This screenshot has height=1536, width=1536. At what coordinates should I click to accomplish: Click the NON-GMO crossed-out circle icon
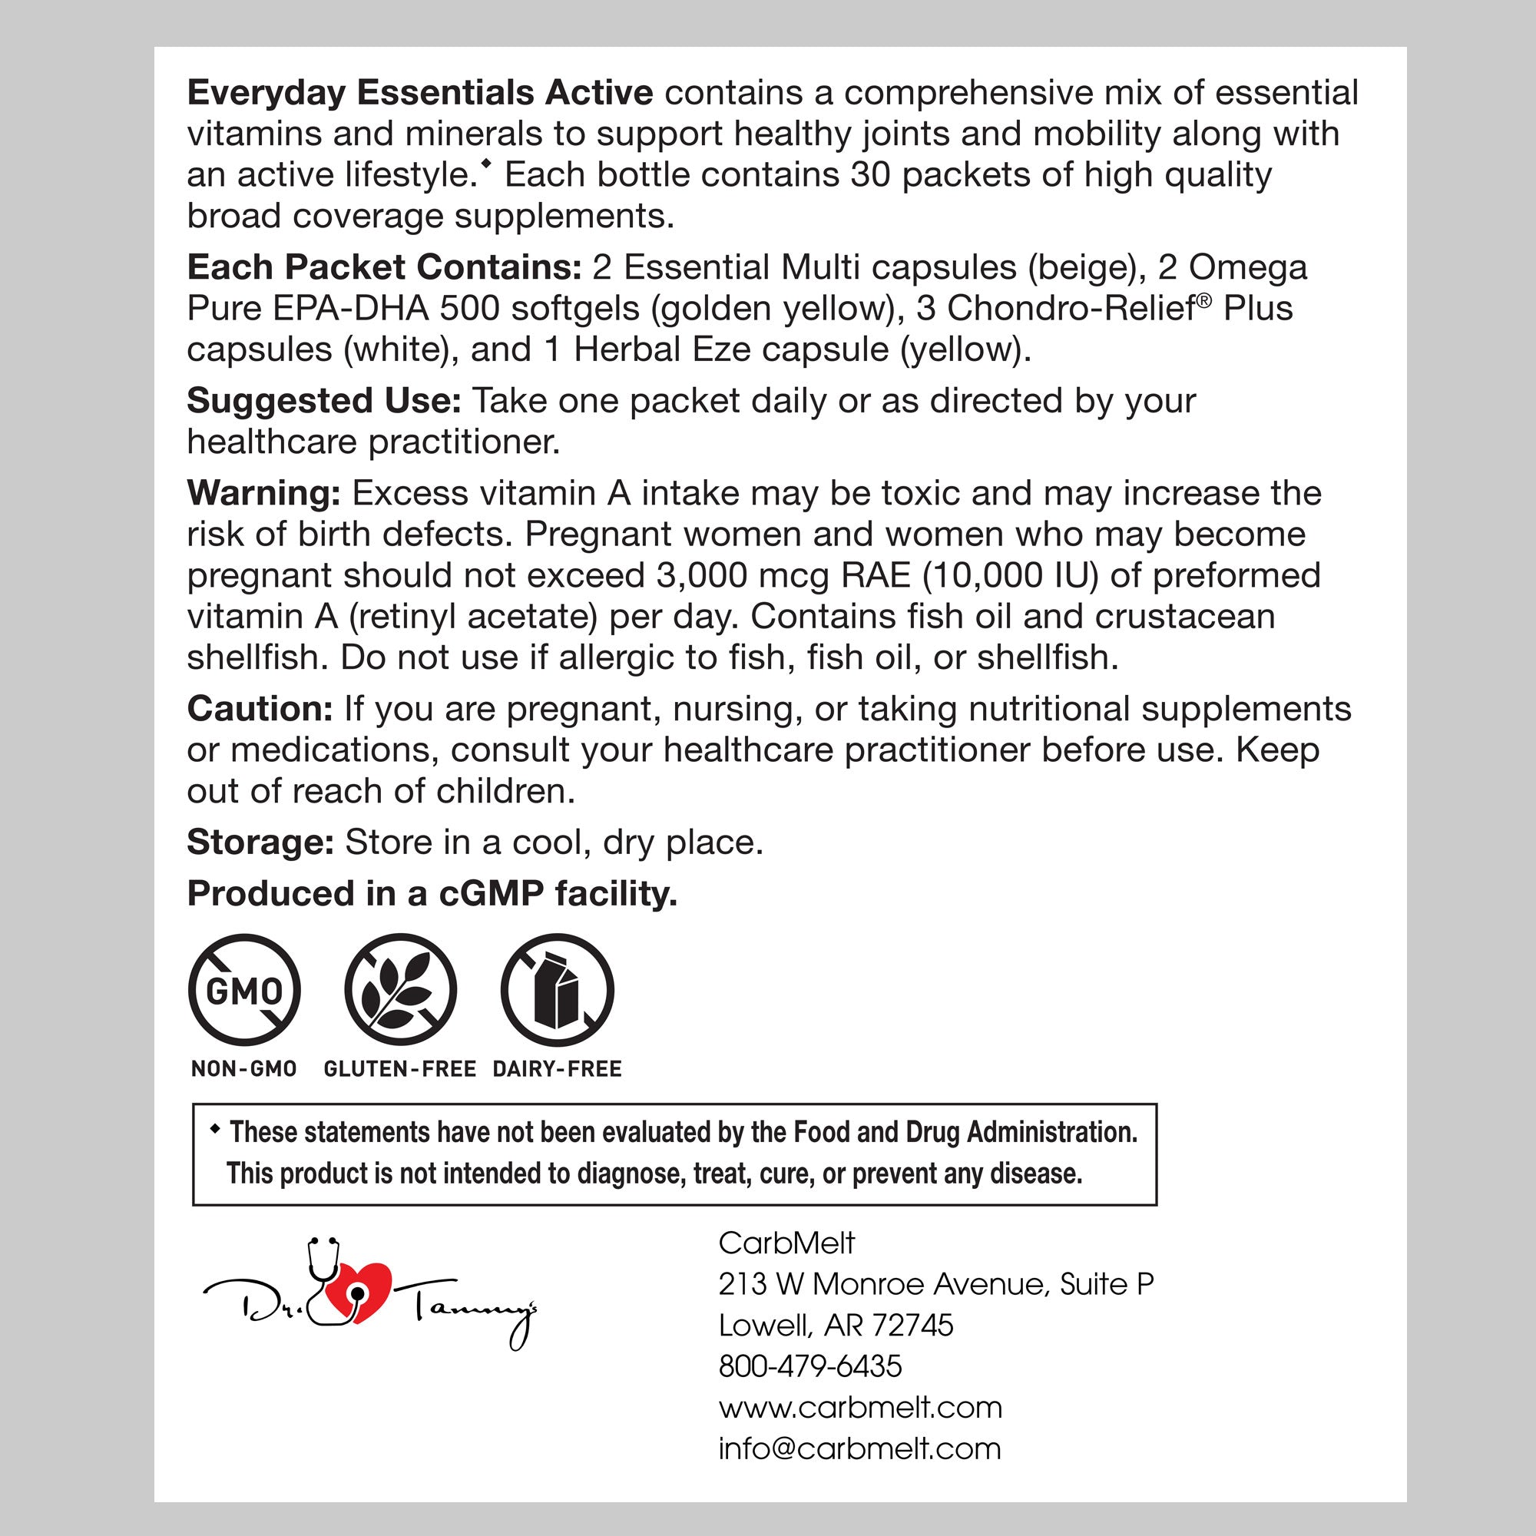tap(244, 991)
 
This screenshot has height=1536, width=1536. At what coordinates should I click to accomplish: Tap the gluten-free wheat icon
tap(401, 991)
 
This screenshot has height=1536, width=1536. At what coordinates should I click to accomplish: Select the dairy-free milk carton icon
tap(557, 991)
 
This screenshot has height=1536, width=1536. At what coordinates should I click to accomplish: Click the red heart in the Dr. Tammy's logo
tap(362, 1293)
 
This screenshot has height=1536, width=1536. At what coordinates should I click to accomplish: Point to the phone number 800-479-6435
tap(810, 1366)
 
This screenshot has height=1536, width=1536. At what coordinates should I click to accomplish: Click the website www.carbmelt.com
tap(860, 1407)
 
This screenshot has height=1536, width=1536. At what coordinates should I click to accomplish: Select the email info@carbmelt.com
tap(859, 1448)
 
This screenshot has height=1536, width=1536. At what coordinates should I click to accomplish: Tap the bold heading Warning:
tap(263, 494)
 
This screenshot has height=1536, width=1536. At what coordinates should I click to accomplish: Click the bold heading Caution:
tap(259, 709)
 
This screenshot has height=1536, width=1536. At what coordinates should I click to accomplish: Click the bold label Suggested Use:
tap(323, 401)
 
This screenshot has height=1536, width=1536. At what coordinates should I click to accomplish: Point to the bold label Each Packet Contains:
tap(384, 268)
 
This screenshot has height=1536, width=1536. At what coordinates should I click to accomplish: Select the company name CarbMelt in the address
tap(786, 1243)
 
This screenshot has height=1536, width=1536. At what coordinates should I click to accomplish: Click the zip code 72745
tap(912, 1326)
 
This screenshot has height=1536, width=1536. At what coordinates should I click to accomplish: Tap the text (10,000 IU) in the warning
tap(1010, 575)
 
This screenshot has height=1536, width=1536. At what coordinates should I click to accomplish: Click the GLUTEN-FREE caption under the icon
tap(400, 1069)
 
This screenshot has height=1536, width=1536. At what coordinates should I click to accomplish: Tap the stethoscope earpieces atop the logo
tap(323, 1244)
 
